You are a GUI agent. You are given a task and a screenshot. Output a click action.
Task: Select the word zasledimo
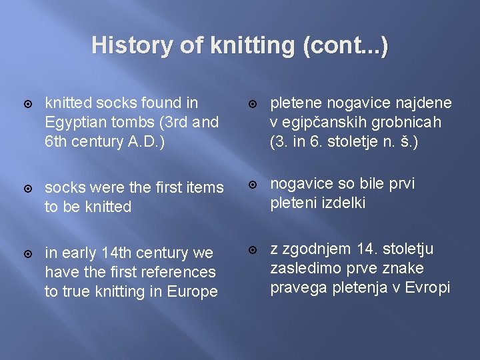[x=301, y=269]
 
